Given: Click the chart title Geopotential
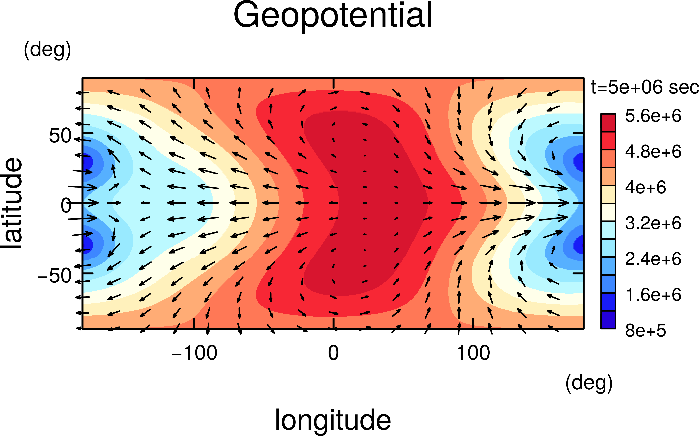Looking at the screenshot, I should point(333,16).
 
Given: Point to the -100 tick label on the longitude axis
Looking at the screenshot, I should point(194,353).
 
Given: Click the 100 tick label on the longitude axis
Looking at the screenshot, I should point(473,353).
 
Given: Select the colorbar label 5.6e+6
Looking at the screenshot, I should point(653,116).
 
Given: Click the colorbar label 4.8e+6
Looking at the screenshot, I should point(653,152).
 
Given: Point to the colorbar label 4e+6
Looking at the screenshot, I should point(645,187).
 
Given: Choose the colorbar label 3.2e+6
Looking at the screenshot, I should point(653,223).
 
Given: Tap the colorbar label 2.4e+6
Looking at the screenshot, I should point(653,259).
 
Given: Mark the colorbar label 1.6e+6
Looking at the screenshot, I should point(653,295).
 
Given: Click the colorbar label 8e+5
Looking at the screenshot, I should point(645,330).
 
